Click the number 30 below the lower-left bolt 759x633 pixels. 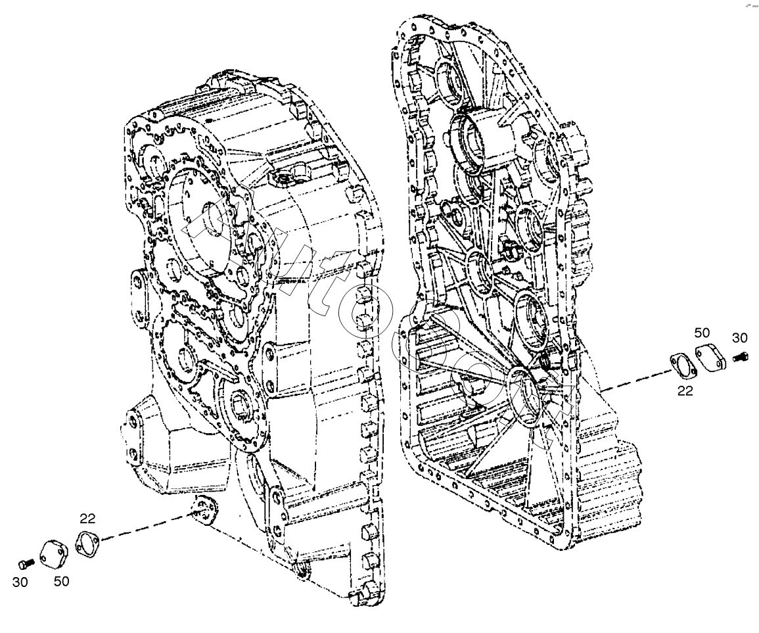(20, 582)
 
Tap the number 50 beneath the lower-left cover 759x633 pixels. (61, 581)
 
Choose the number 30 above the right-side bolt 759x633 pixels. (740, 338)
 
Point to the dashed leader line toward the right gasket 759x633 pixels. (634, 382)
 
